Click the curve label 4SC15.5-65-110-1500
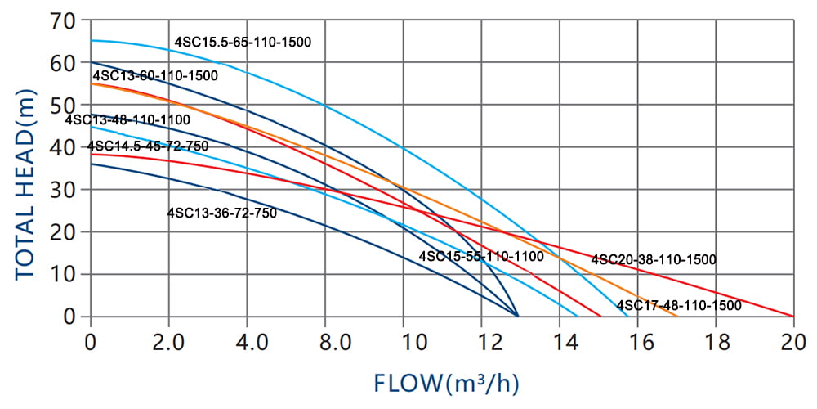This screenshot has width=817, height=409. [243, 42]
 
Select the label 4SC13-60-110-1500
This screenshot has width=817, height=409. [155, 76]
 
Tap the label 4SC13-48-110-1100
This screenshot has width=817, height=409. [127, 120]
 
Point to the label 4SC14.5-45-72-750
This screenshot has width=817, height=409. [148, 146]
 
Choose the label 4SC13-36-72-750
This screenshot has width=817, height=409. [221, 213]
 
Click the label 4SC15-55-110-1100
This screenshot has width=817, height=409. [481, 257]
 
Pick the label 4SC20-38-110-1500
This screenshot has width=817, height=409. [654, 260]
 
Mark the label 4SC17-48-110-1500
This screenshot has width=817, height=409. [679, 306]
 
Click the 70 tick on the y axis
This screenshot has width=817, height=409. [67, 20]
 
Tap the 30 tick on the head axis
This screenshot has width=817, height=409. [67, 190]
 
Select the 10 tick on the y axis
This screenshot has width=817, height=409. [67, 274]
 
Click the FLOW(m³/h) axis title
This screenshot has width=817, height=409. [447, 382]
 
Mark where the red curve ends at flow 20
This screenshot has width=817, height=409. [793, 317]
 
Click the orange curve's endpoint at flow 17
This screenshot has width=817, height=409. [676, 317]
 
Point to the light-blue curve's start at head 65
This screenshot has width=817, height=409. [92, 40]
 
